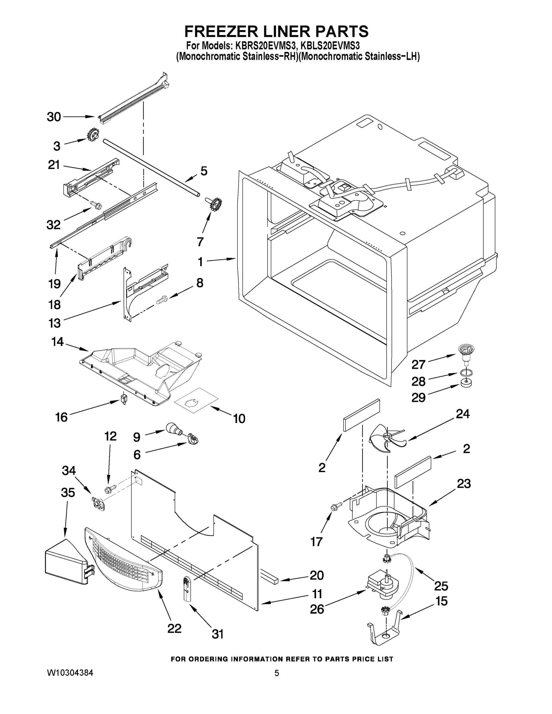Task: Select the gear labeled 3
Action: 93,135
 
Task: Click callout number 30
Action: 54,117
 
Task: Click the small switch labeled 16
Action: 123,399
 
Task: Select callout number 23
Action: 463,483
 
